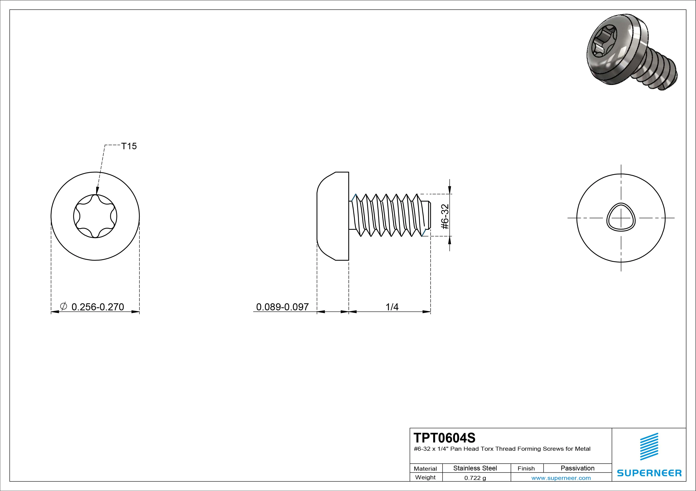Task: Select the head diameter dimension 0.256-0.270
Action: click(x=98, y=307)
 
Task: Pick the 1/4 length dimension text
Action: click(x=392, y=307)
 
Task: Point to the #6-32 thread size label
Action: click(x=445, y=216)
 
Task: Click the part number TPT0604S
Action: click(x=444, y=438)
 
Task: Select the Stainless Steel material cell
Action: click(x=475, y=468)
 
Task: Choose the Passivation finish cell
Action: click(x=577, y=468)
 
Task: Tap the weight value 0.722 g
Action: click(x=475, y=478)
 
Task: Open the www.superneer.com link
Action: click(x=561, y=478)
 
